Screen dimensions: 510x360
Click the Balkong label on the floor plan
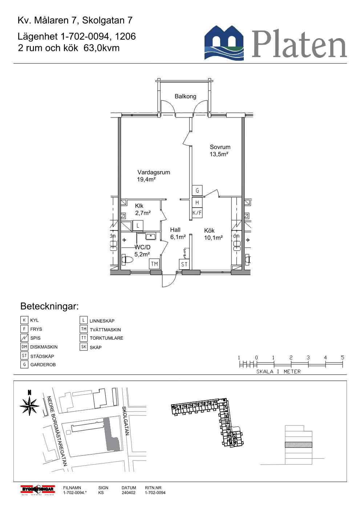(185, 96)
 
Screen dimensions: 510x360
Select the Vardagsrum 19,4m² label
(153, 176)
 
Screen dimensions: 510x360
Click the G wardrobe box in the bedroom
(197, 190)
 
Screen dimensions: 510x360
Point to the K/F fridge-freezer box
(197, 213)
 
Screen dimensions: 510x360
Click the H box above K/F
(197, 202)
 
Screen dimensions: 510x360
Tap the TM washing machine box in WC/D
(154, 264)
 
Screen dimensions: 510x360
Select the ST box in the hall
(184, 264)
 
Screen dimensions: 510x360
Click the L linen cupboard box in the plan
(138, 226)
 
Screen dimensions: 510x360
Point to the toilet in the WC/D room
(127, 260)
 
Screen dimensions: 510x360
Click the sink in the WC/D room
(151, 236)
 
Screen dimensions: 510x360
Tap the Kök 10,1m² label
(213, 234)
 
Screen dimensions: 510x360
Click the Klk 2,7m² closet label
(142, 209)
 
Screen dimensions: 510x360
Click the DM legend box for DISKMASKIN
(24, 347)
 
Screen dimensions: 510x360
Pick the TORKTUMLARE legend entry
(106, 338)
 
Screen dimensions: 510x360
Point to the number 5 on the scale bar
(342, 358)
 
